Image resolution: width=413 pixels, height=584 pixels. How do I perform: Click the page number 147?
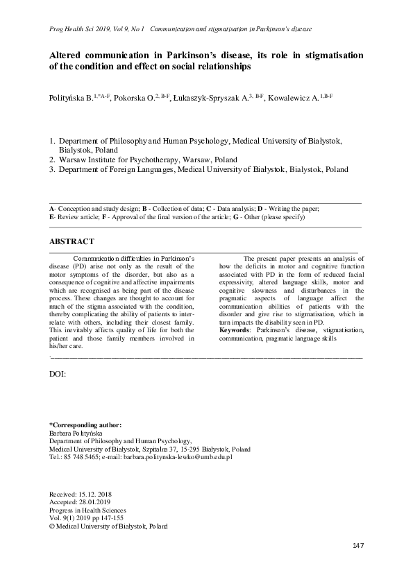[358, 547]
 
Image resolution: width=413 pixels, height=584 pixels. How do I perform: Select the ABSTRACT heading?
[72, 241]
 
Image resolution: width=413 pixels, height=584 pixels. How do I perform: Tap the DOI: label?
[58, 374]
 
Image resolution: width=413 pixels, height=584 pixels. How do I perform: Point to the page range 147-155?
[115, 518]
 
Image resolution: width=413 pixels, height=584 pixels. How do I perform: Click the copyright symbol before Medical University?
[51, 526]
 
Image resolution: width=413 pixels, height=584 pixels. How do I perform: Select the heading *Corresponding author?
[85, 424]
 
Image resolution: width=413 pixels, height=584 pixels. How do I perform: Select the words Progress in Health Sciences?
[87, 510]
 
